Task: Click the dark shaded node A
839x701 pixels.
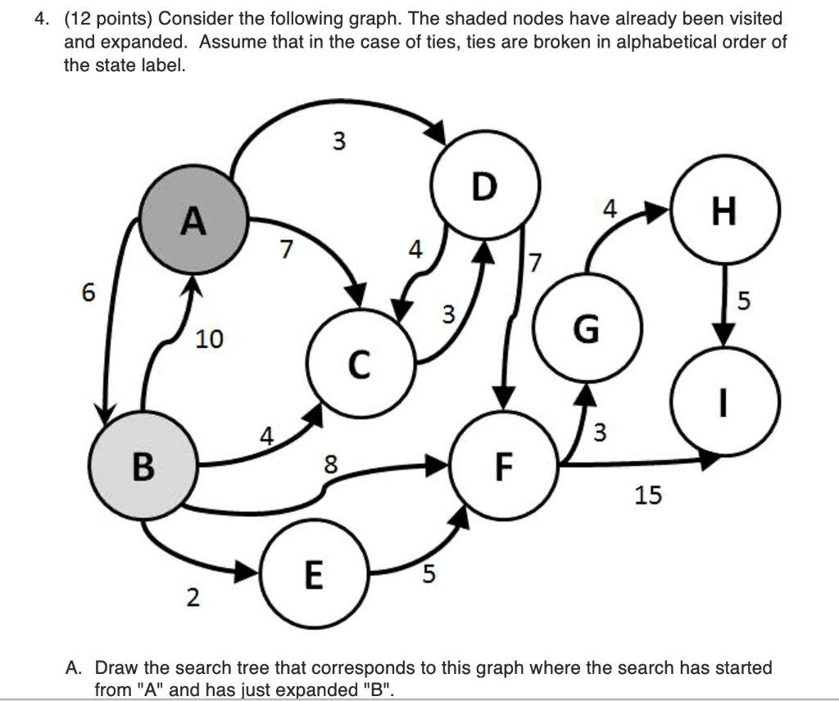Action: coord(193,221)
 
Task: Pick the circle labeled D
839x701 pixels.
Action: coord(485,188)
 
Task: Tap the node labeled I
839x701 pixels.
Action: coord(723,401)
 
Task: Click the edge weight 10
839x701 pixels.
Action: coord(209,338)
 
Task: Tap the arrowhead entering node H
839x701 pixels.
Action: coord(655,214)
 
